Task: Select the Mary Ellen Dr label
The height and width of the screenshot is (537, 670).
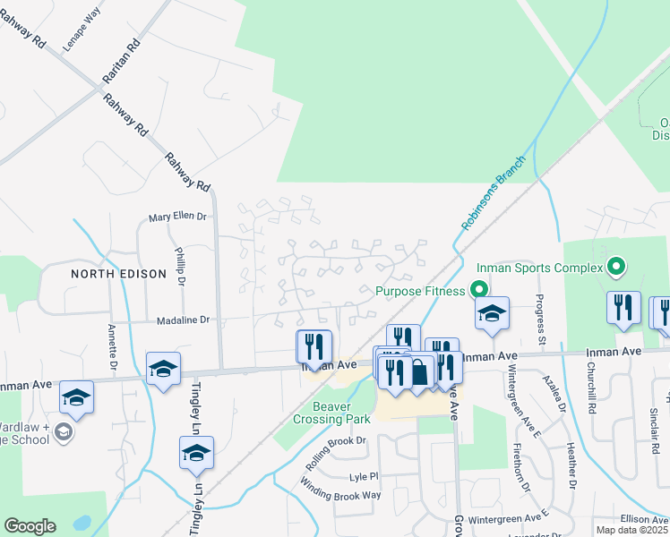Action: tap(177, 217)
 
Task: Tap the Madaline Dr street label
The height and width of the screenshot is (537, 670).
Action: tap(182, 319)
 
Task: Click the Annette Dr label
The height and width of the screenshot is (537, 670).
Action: tap(114, 347)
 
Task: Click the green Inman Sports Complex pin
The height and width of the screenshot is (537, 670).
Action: tap(614, 266)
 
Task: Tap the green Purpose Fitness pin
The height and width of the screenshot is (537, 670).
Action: tap(478, 290)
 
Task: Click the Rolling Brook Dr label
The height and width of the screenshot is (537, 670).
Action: tap(337, 447)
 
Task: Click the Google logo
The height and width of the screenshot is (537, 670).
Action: tap(30, 526)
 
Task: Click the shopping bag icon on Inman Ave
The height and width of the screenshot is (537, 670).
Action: tap(419, 370)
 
